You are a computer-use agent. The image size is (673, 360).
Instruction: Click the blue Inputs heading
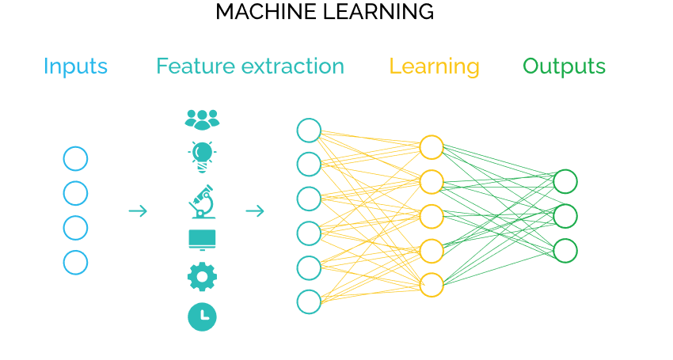point(75,66)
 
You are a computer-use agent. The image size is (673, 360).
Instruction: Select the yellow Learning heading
point(434,67)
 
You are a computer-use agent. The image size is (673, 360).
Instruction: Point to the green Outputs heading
point(564,66)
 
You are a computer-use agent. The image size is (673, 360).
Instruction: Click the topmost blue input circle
point(75,158)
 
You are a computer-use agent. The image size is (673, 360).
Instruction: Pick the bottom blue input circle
point(75,263)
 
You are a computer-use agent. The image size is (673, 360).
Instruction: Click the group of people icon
point(202,119)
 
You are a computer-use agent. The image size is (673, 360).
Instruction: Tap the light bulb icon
point(202,156)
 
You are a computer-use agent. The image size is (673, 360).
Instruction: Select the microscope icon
point(202,201)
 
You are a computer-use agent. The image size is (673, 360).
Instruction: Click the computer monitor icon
point(202,240)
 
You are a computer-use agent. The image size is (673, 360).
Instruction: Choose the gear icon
point(202,276)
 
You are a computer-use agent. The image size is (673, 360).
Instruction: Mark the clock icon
point(202,316)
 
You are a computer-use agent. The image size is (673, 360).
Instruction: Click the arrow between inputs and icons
point(138,210)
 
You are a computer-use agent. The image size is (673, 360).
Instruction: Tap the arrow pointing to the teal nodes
point(254,210)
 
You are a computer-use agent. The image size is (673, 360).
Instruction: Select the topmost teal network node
point(309,131)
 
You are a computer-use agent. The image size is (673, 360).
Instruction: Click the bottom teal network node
point(309,301)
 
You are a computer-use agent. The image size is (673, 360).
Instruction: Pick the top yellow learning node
point(432,147)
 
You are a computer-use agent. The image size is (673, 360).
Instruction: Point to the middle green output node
point(565,216)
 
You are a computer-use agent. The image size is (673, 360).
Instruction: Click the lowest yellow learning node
point(432,285)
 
